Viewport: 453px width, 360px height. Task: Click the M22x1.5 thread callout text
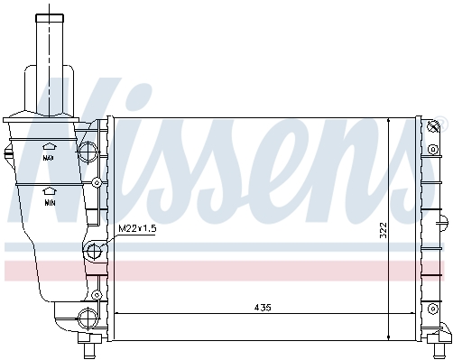point(137,228)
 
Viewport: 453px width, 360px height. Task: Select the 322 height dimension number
point(383,230)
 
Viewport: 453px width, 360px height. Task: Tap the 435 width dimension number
point(263,308)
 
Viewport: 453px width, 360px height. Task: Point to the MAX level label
point(49,158)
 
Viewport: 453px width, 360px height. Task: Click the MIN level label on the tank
point(50,203)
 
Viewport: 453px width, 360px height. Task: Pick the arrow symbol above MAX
point(50,146)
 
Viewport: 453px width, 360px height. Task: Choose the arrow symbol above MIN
point(50,191)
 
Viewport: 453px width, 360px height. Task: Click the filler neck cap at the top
point(50,18)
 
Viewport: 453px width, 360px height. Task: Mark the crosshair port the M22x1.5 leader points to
point(94,251)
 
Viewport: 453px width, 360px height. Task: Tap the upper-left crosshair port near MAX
point(88,151)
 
